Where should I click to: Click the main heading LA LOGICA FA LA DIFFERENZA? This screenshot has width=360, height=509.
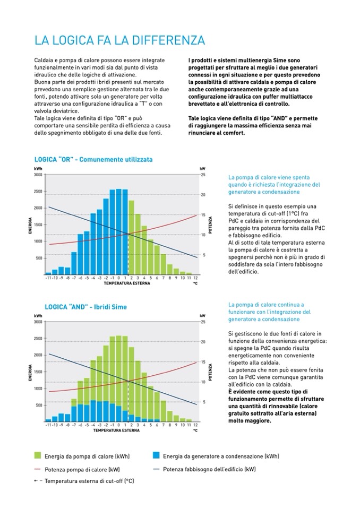(x=119, y=41)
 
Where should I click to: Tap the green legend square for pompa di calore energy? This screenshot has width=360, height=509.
(x=38, y=455)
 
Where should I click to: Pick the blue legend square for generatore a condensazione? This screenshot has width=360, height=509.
(x=156, y=455)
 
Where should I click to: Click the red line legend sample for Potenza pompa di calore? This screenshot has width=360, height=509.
(x=38, y=469)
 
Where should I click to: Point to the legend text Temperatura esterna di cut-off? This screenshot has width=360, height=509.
(x=89, y=481)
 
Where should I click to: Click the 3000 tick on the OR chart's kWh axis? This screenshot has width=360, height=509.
(x=38, y=175)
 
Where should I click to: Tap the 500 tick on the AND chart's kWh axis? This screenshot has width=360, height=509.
(x=39, y=406)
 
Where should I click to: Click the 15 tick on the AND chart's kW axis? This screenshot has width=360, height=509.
(x=203, y=362)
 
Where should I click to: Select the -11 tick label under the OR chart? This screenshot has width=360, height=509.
(x=48, y=278)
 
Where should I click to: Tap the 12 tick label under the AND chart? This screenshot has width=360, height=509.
(x=195, y=425)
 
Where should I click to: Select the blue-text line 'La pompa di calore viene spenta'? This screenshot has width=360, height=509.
(x=269, y=177)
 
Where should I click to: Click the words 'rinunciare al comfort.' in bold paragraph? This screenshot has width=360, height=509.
(x=217, y=133)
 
